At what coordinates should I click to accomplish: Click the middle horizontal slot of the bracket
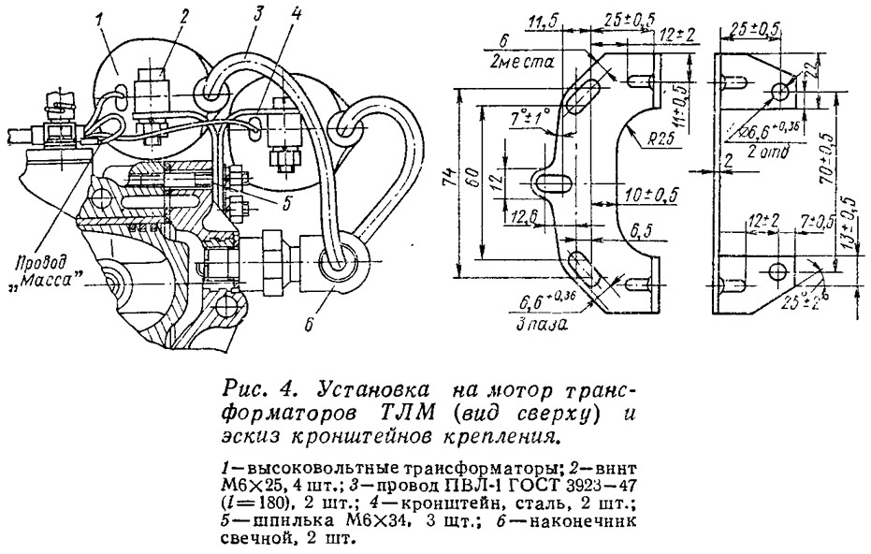click(552, 180)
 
